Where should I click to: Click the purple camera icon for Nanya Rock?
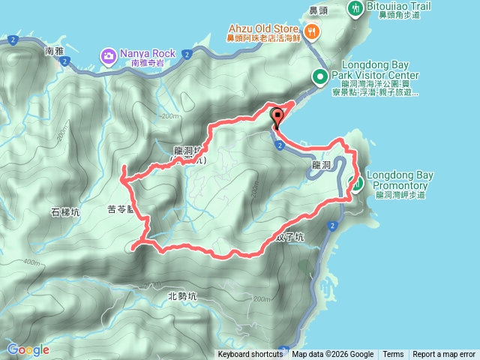(x=109, y=54)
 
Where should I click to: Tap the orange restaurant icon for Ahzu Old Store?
(x=312, y=31)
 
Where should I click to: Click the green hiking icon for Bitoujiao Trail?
(x=355, y=7)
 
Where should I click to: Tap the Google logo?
(x=28, y=349)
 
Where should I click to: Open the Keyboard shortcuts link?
(x=250, y=355)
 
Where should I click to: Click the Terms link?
(x=393, y=355)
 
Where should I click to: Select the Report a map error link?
(x=444, y=355)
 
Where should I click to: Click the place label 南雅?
(x=55, y=51)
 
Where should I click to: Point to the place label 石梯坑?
(x=65, y=212)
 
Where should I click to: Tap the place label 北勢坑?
(x=182, y=295)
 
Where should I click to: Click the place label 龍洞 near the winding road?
(x=321, y=163)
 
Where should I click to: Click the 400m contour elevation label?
(x=31, y=262)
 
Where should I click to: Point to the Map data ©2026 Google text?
(x=333, y=355)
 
